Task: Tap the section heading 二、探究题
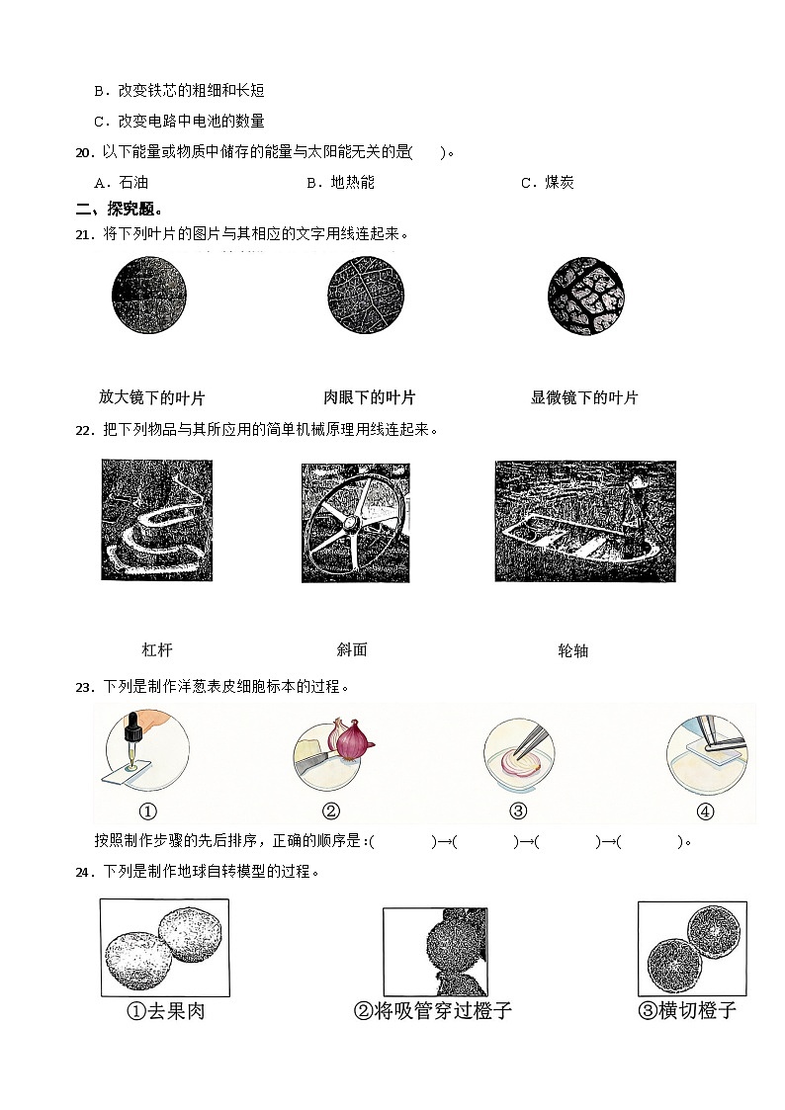[119, 209]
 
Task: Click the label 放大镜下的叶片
[151, 398]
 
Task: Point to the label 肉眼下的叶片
[370, 398]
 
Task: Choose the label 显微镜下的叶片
[584, 398]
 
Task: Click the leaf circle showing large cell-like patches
[585, 295]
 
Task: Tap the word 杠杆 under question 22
[157, 650]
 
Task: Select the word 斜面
[352, 649]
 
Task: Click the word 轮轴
[573, 650]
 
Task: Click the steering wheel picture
[355, 523]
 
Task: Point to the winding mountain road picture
[156, 520]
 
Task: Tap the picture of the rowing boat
[584, 521]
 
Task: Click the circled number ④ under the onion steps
[705, 811]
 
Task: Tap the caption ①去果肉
[165, 1011]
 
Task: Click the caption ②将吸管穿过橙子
[433, 1011]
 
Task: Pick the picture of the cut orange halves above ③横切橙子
[691, 948]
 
